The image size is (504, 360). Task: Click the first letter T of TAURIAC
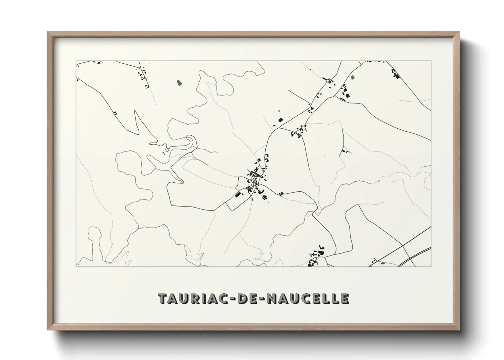pyautogui.click(x=162, y=298)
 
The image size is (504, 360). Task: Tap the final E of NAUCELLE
pyautogui.click(x=345, y=298)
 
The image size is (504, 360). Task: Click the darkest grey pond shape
pyautogui.click(x=179, y=82)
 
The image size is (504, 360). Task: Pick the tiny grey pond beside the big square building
pyautogui.click(x=279, y=111)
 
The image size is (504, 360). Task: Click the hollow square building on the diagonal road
pyautogui.click(x=115, y=113)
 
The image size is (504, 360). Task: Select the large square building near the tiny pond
pyautogui.click(x=281, y=119)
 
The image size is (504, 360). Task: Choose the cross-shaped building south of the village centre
pyautogui.click(x=263, y=196)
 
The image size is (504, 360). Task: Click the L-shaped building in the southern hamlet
pyautogui.click(x=320, y=247)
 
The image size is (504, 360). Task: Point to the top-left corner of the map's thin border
pyautogui.click(x=76, y=61)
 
